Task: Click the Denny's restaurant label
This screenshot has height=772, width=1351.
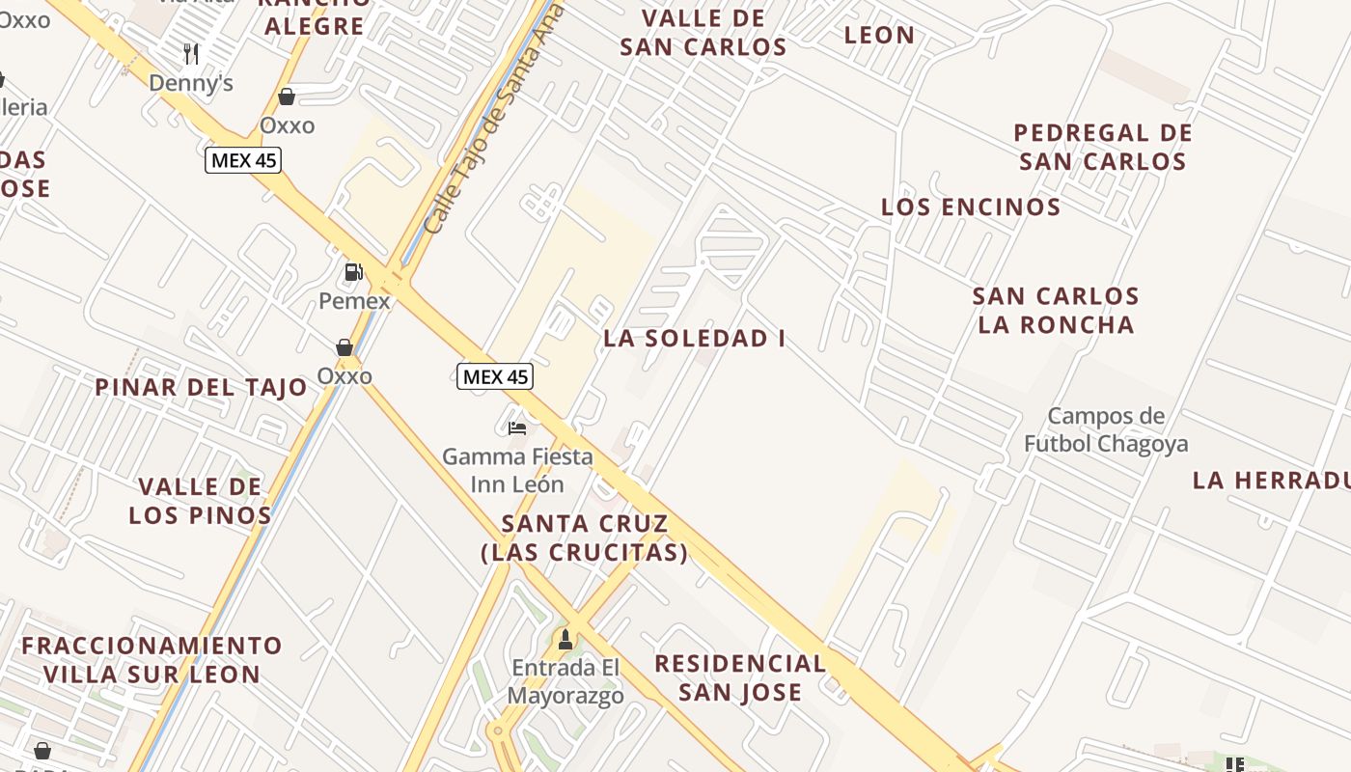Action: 191,83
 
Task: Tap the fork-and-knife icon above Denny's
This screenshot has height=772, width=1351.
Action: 191,53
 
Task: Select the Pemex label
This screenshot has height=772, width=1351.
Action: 354,301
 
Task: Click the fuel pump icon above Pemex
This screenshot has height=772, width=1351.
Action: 354,272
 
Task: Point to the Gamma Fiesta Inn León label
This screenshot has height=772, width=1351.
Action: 517,470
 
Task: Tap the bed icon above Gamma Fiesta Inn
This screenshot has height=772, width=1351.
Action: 517,427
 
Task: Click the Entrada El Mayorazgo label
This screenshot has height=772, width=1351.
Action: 565,681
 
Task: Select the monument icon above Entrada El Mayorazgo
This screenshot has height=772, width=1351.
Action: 565,639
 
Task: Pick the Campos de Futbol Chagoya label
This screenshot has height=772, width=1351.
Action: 1106,430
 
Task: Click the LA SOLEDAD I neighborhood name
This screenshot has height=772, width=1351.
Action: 694,339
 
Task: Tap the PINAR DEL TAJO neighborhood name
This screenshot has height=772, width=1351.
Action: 201,388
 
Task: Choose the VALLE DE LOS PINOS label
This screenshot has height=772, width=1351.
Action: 201,501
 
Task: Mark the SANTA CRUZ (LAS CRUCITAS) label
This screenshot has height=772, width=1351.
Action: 585,538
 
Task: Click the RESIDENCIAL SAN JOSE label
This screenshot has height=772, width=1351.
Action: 740,677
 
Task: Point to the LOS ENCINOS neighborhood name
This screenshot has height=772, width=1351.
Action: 971,207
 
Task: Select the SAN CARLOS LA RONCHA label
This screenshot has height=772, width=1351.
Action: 1056,310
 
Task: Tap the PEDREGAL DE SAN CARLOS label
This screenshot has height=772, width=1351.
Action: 1103,147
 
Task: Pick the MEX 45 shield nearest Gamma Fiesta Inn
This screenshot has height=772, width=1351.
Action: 495,376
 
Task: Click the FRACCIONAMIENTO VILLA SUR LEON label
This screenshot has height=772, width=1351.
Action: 152,660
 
